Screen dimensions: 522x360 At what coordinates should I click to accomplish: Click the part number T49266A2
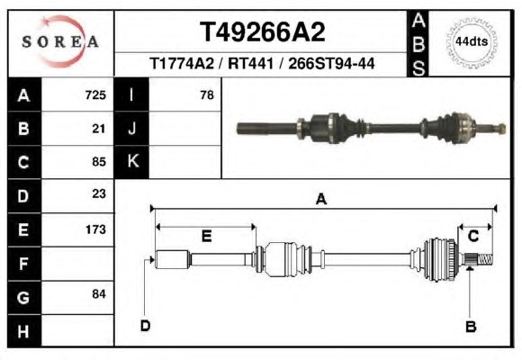[262, 32]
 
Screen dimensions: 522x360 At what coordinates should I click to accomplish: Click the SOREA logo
[60, 41]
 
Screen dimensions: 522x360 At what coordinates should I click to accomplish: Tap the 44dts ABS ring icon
[472, 42]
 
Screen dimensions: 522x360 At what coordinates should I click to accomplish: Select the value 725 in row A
[95, 94]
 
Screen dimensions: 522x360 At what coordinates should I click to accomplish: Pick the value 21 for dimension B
[99, 129]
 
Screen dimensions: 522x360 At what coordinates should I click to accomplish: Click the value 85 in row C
[99, 162]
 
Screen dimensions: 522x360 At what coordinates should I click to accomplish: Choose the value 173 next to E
[95, 229]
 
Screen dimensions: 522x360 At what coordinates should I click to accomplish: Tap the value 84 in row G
[99, 294]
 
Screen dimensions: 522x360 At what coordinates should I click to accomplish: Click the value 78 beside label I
[207, 94]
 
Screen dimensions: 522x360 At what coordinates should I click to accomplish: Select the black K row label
[131, 161]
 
